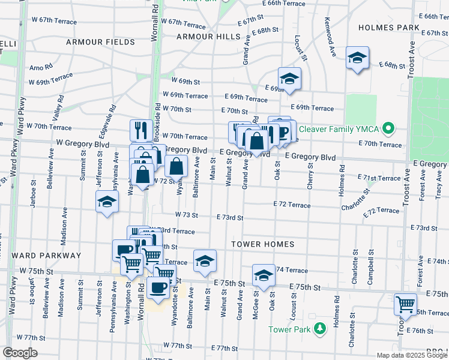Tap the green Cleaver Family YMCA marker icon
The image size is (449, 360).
point(389,128)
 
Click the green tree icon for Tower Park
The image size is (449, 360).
point(320,328)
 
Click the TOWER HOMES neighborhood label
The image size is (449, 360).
point(263,244)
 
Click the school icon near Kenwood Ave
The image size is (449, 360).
point(358,58)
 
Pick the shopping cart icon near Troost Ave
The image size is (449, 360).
point(405,304)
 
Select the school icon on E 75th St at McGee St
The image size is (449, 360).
point(263,275)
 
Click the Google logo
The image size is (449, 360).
point(20,353)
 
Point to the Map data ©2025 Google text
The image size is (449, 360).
point(412,355)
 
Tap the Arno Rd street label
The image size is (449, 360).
point(41,66)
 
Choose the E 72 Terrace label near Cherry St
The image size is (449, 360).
point(292,205)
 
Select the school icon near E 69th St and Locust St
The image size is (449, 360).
point(289,79)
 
